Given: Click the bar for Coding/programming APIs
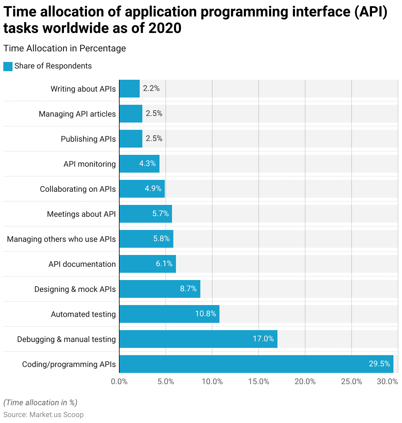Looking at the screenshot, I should [x=256, y=364].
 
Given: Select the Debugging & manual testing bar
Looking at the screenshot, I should [x=198, y=339].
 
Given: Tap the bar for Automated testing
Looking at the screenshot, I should [x=169, y=314].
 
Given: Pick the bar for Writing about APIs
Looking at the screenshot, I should [x=129, y=89].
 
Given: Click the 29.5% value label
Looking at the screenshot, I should [x=379, y=364].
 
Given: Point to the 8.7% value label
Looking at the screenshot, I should [x=188, y=289].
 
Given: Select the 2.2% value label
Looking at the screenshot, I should [x=151, y=88].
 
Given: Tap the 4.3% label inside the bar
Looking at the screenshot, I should [x=147, y=164].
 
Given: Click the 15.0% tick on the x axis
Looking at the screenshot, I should [x=259, y=381].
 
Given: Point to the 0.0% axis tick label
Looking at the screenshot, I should [x=119, y=381].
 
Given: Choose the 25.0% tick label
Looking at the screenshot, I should [x=352, y=381].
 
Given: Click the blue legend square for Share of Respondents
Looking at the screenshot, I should [x=8, y=66].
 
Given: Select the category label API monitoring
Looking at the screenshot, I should [x=90, y=164].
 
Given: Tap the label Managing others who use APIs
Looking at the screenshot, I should [x=61, y=239].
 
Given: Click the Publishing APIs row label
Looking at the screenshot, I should [x=88, y=139].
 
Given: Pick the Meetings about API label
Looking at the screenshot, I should [x=81, y=214].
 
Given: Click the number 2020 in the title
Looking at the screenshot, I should [x=165, y=28].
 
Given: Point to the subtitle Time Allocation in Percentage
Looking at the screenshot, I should [x=65, y=48].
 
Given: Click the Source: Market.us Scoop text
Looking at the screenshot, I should [x=43, y=415].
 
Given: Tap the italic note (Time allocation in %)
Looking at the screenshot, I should [x=40, y=403].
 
